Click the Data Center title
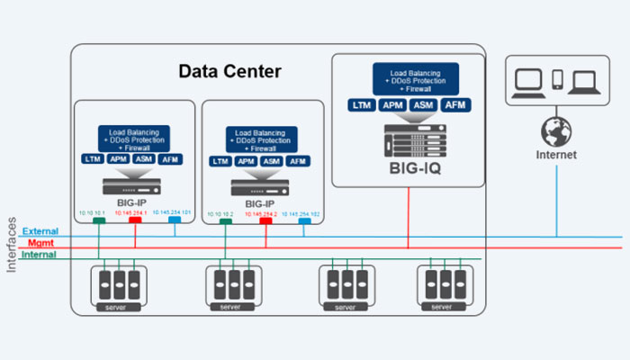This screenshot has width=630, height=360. [229, 70]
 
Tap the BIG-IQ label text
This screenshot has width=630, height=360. [407, 167]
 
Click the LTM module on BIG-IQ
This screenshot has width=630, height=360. [363, 105]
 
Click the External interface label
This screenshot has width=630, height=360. [40, 232]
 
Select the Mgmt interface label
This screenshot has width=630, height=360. [40, 243]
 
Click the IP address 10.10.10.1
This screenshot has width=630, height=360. [93, 212]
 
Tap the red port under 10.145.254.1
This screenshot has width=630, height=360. [136, 220]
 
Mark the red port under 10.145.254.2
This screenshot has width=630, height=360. [265, 220]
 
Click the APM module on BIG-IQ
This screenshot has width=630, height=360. [393, 105]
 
